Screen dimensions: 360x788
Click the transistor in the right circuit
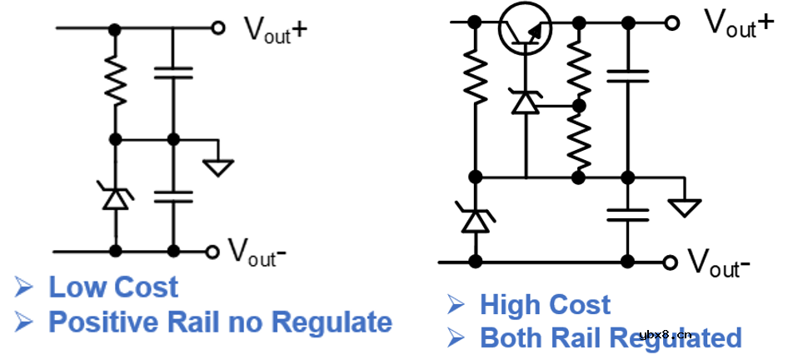(x=526, y=29)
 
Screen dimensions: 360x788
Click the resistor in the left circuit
(x=116, y=82)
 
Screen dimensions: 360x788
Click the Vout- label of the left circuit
(x=257, y=248)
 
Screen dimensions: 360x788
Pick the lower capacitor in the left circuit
(x=173, y=197)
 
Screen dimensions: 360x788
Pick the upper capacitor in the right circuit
(x=628, y=77)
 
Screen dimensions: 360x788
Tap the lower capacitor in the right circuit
(x=628, y=213)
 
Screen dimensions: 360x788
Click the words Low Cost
(x=113, y=287)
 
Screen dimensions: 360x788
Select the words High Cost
(x=545, y=305)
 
